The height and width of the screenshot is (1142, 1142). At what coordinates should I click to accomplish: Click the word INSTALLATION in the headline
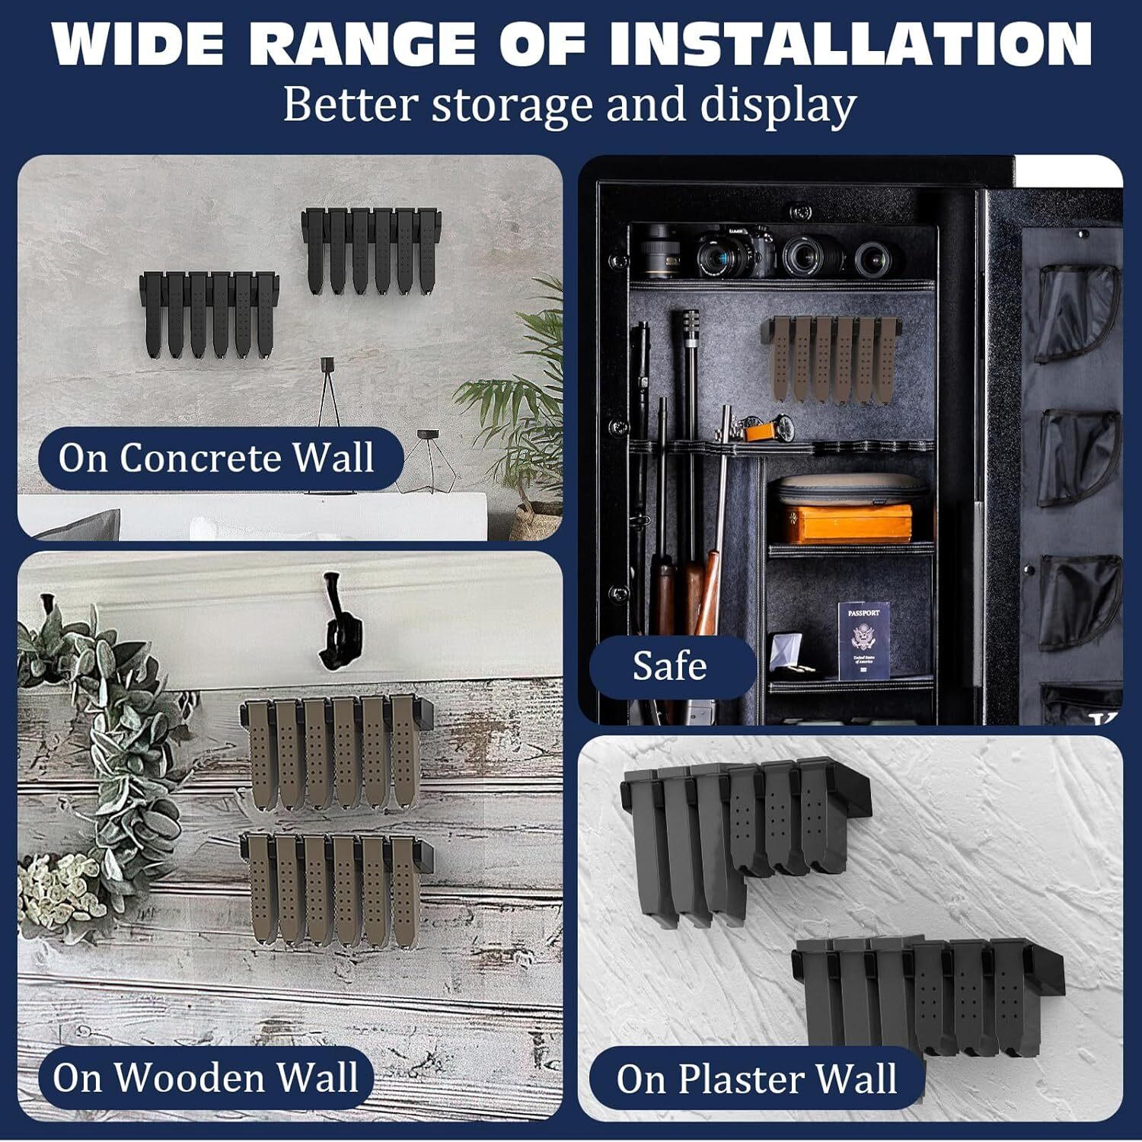(x=850, y=43)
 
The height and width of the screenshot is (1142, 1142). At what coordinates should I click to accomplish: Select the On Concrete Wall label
(x=217, y=458)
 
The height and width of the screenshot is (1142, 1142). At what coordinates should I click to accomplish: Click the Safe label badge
(x=670, y=666)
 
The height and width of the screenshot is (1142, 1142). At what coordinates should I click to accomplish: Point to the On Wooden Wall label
(x=206, y=1077)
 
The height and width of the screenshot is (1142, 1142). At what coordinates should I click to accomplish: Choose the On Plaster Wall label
(x=757, y=1079)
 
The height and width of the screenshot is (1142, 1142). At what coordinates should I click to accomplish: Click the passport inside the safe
(x=863, y=640)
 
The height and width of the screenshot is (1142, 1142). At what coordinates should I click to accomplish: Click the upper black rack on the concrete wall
(x=373, y=250)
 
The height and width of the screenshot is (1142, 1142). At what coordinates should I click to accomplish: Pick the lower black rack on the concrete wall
(x=209, y=314)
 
